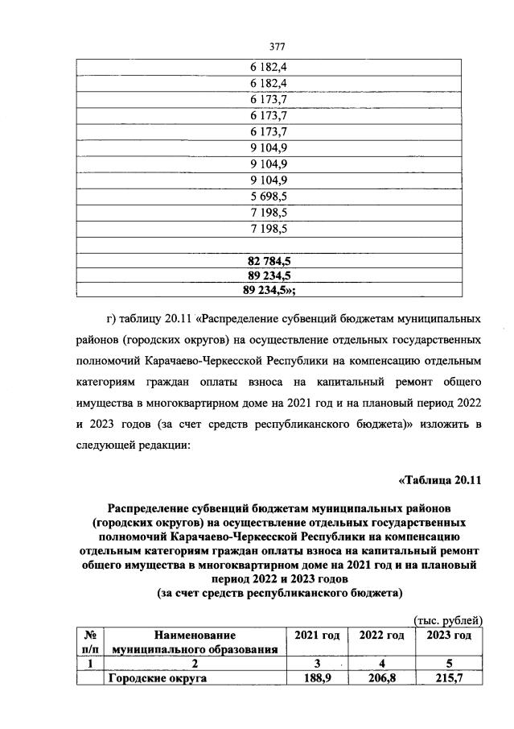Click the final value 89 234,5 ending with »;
point(273,290)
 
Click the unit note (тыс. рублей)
point(447,620)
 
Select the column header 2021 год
point(317,636)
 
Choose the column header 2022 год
point(381,636)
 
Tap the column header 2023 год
point(448,636)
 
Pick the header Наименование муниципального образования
point(197,642)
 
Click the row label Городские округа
point(158,679)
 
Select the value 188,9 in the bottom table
point(317,679)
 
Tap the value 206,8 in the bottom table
point(381,679)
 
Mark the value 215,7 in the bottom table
point(448,679)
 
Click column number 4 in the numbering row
point(381,664)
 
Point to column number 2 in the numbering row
point(197,664)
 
